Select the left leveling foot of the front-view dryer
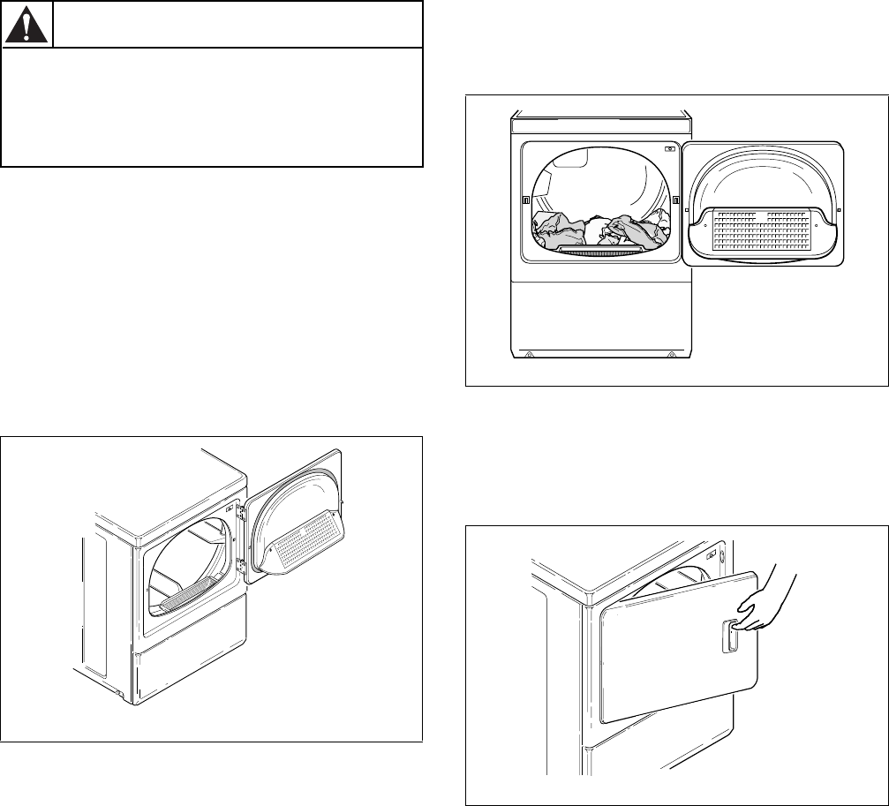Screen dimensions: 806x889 [x=528, y=355]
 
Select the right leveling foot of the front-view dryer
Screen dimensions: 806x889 [x=674, y=355]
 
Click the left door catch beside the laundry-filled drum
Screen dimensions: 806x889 [x=526, y=200]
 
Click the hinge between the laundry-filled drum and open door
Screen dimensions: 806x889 [x=676, y=200]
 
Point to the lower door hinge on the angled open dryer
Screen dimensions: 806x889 [x=239, y=610]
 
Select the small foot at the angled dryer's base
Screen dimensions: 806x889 [x=120, y=692]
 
